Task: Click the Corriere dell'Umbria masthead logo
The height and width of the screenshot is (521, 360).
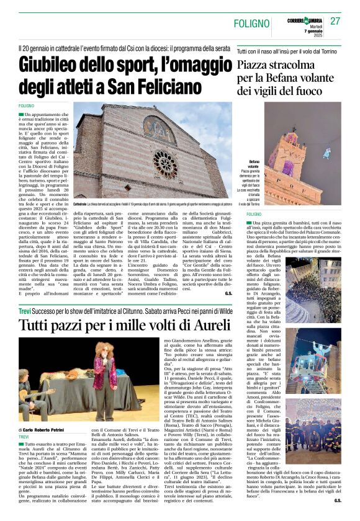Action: click(302, 20)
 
